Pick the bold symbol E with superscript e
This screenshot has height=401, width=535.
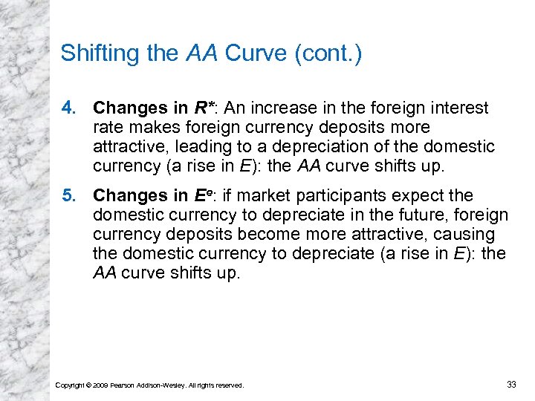tap(201, 196)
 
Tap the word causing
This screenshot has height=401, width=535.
tap(468, 235)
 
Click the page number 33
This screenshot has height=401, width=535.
tap(510, 384)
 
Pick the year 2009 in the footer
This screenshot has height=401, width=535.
tap(100, 385)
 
